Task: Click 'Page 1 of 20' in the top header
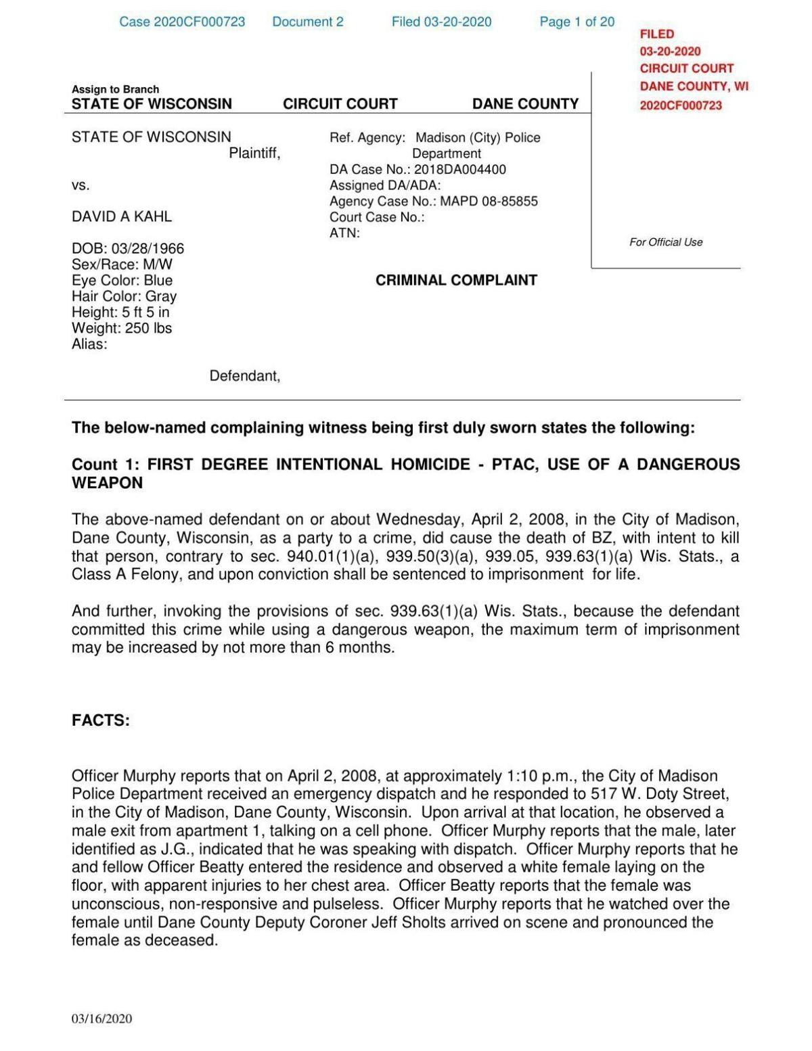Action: click(x=577, y=22)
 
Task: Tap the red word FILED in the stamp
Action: click(x=657, y=34)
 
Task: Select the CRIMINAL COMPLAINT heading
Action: click(x=456, y=280)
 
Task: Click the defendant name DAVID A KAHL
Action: click(x=122, y=216)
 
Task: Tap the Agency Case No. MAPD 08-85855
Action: click(x=489, y=201)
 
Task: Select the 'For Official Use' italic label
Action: click(x=666, y=242)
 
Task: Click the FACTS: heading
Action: click(x=101, y=720)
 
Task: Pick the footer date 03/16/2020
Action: click(x=102, y=1019)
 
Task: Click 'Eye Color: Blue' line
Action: click(x=122, y=280)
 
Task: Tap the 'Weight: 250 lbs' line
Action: click(x=122, y=328)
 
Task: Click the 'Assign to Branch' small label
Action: click(x=115, y=89)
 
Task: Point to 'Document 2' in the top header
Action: click(x=307, y=22)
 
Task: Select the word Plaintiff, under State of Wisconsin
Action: click(x=254, y=154)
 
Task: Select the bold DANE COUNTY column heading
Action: click(x=525, y=103)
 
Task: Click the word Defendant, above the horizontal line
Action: click(x=244, y=375)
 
